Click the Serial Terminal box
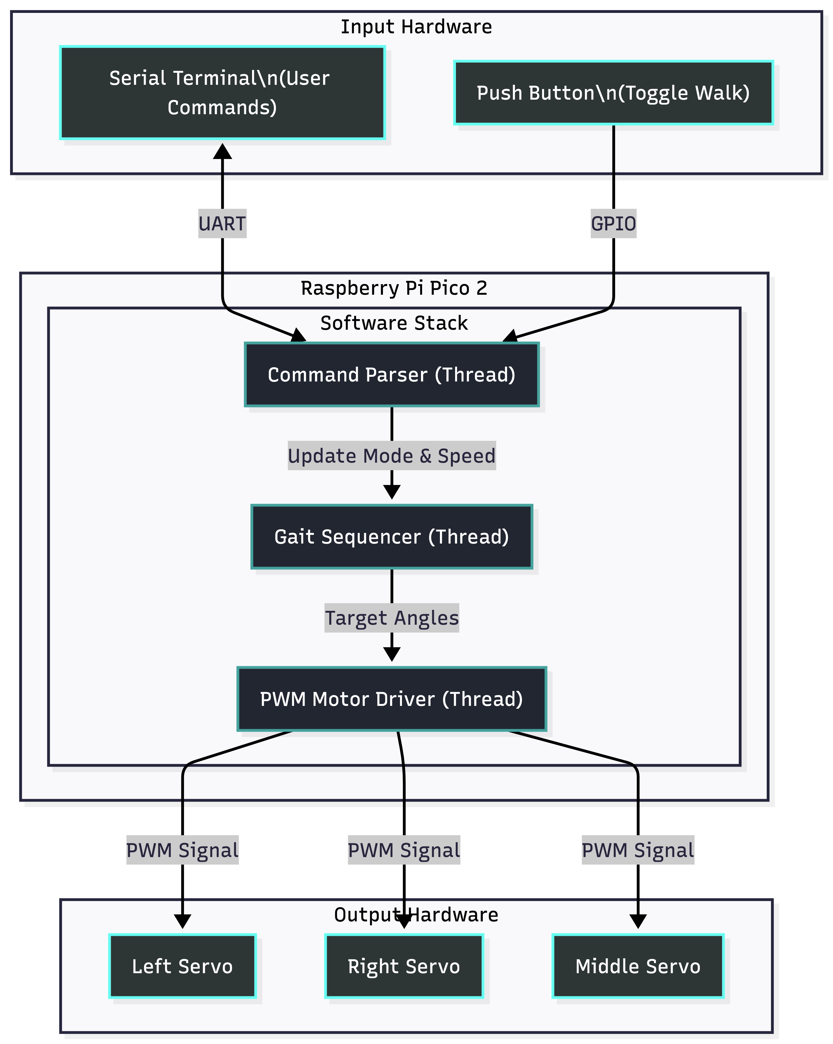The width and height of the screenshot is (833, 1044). click(222, 92)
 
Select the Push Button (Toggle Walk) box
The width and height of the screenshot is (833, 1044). click(613, 92)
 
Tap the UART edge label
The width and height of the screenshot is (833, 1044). click(222, 224)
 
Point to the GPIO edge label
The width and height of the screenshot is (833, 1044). click(613, 224)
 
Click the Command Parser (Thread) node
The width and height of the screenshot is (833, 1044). click(392, 374)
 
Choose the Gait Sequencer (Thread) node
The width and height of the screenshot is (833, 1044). click(392, 537)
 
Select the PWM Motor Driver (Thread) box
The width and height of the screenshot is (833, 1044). click(392, 699)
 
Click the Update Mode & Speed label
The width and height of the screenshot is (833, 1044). click(392, 456)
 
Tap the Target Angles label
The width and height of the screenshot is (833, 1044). click(392, 618)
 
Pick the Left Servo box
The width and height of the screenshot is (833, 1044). click(182, 966)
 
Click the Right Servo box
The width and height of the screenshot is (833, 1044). click(404, 966)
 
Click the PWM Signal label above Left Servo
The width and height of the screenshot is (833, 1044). click(182, 850)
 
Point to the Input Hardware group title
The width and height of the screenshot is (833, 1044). click(416, 27)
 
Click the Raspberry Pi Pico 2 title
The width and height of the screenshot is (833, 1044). click(394, 288)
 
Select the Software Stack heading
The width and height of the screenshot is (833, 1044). click(394, 323)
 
